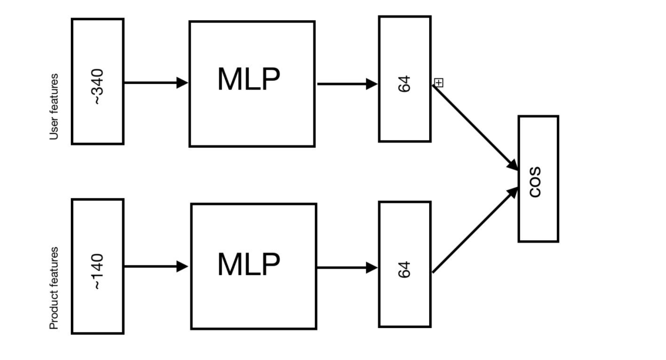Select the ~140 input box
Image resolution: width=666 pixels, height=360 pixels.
coord(98,304)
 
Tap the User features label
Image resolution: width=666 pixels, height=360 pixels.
coord(54,107)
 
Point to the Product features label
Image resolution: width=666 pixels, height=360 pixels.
coord(54,288)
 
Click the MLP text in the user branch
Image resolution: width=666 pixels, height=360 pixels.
coord(249,79)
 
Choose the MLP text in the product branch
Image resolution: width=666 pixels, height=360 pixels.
coord(249,264)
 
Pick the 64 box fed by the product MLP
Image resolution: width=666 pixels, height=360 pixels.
coord(405,301)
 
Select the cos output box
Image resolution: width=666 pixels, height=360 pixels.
coord(538,213)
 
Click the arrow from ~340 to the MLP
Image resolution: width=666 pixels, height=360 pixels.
coord(152,83)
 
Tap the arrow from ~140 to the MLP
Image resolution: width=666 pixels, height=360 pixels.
coord(152,266)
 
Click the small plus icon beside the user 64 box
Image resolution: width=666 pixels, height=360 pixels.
coord(439,83)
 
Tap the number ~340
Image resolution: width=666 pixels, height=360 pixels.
coord(98,87)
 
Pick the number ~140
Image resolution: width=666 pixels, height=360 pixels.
coord(98,271)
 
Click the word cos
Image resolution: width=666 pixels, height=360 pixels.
coord(535,182)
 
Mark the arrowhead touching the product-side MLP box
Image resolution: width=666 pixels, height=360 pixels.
coord(182,266)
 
